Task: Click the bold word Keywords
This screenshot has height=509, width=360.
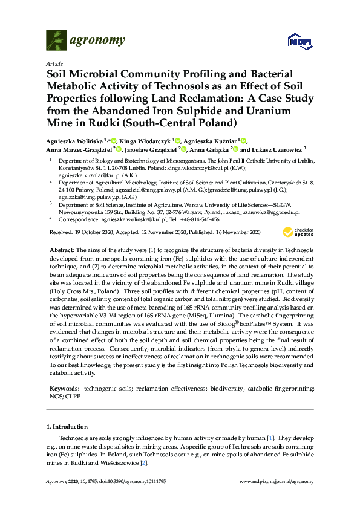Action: (x=64, y=386)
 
